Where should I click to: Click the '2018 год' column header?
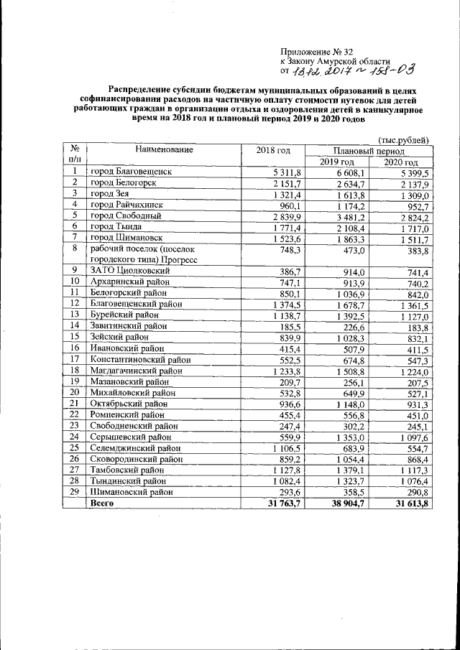click(272, 150)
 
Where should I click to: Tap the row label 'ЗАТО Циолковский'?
click(129, 271)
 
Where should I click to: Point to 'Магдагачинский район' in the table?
click(137, 371)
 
